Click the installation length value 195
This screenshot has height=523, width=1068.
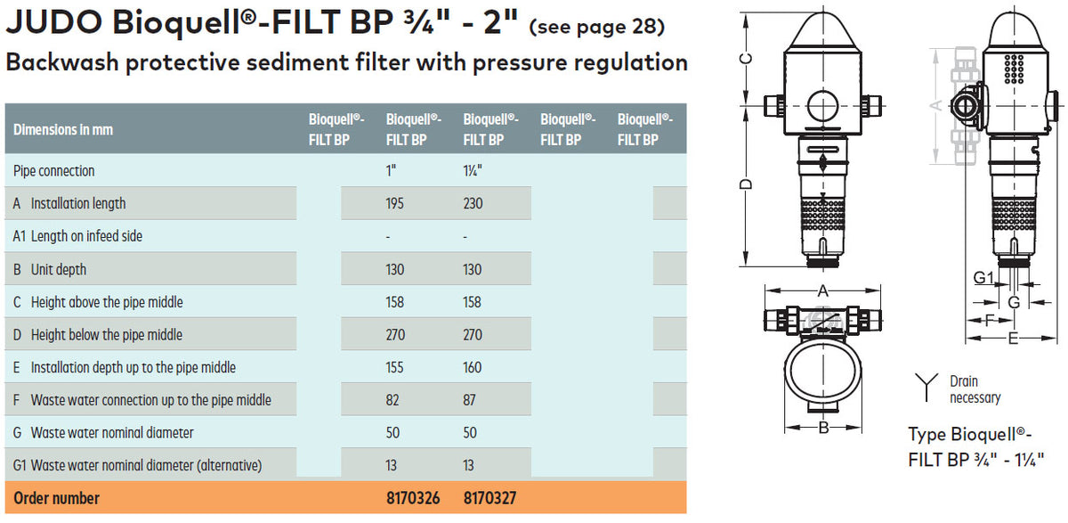[395, 203]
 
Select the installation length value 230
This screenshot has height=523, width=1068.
[473, 203]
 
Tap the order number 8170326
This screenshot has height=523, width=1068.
[413, 498]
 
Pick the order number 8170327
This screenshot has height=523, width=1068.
[490, 498]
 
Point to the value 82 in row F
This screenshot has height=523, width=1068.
[392, 400]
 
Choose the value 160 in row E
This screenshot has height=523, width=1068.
[473, 367]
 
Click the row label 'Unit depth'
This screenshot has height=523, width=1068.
[59, 269]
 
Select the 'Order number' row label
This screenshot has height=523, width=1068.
[57, 498]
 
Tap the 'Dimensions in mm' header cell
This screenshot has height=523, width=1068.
[63, 129]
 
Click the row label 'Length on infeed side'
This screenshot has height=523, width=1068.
[86, 236]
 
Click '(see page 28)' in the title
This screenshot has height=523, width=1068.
[596, 27]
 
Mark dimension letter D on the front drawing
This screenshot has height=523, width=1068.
[748, 184]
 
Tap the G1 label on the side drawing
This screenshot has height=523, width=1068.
[982, 279]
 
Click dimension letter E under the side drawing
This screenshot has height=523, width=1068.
[1013, 338]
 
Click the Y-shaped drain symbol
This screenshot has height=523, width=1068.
[926, 388]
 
